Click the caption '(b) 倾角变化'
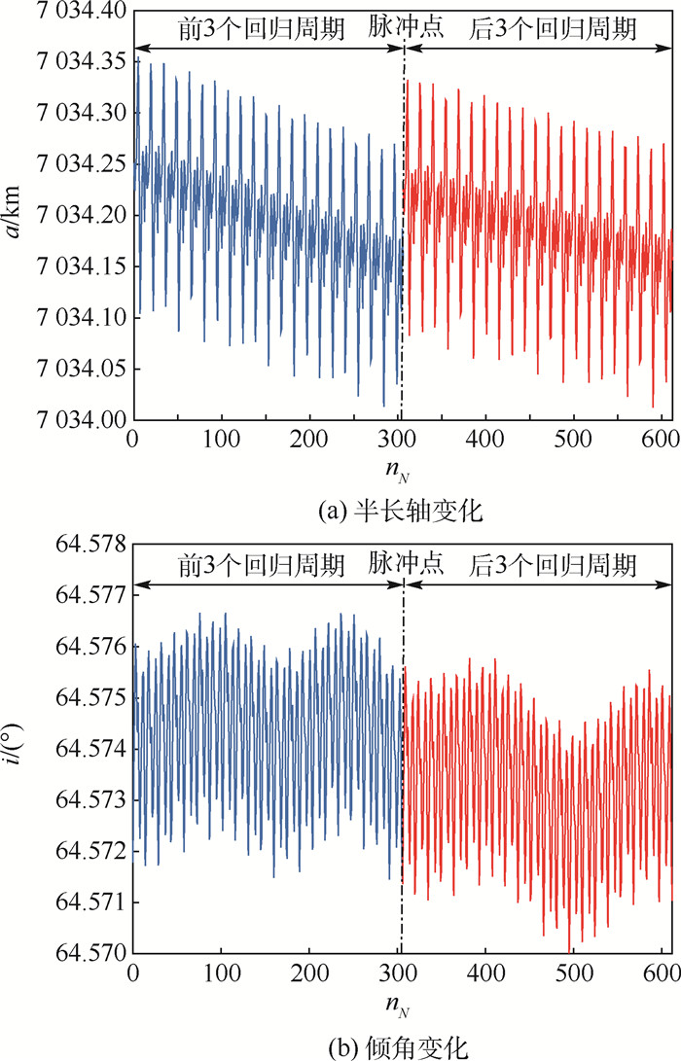401,1045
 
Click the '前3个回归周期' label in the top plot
261,28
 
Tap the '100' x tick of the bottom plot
222,973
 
